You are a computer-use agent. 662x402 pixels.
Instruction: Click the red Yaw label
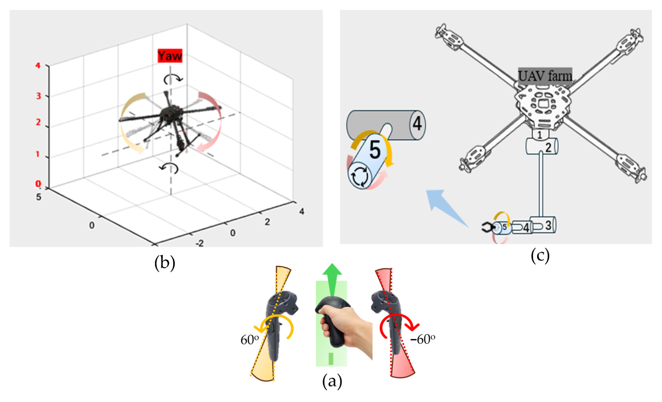click(x=170, y=56)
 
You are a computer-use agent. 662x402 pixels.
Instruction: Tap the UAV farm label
click(x=545, y=76)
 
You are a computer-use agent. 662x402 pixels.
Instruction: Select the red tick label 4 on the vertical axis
click(x=38, y=65)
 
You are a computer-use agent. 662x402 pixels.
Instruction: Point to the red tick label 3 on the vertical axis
click(x=38, y=96)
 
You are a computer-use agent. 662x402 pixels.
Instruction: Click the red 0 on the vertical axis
click(x=38, y=184)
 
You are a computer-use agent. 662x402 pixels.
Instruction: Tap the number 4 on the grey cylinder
click(x=417, y=124)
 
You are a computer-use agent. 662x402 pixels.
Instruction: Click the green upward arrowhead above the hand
click(x=332, y=269)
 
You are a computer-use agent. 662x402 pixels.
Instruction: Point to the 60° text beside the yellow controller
click(x=250, y=340)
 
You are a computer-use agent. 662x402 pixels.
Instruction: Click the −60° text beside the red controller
click(x=422, y=339)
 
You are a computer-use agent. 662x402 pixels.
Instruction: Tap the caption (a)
click(x=332, y=381)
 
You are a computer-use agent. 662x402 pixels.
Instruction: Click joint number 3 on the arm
click(x=548, y=225)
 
